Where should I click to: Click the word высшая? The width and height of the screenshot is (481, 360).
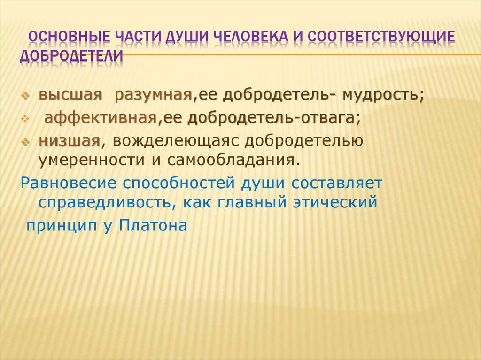click(70, 95)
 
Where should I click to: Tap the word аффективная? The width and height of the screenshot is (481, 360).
click(100, 118)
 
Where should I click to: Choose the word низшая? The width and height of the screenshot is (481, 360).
click(69, 141)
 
